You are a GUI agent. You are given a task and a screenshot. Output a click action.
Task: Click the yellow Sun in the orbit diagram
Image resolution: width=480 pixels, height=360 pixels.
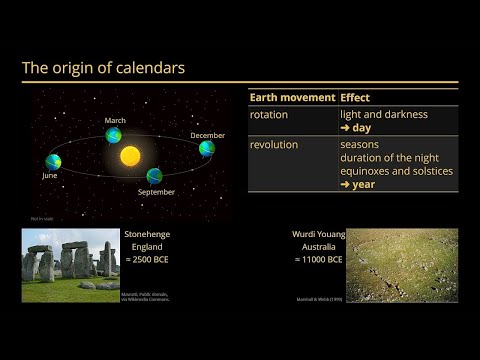pos(130,156)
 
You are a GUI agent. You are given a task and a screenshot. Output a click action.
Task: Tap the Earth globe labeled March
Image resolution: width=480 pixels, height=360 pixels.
pos(115,134)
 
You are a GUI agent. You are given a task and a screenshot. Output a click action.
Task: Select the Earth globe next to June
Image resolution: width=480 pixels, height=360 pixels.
pos(53,161)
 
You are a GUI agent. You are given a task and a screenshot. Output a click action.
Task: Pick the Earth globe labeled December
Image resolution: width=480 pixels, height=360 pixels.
pos(206,149)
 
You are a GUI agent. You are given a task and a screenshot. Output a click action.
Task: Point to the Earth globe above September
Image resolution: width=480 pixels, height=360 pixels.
pos(154,176)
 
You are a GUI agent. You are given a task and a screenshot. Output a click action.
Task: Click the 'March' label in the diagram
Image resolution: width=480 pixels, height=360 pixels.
pos(115,121)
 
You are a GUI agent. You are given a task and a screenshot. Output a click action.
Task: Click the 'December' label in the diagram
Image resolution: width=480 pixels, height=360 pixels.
pos(208,135)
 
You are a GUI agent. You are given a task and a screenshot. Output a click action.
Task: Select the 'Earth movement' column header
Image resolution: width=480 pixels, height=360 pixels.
pos(291,97)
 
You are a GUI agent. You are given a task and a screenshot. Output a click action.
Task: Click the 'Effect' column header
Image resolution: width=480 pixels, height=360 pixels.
pos(356,97)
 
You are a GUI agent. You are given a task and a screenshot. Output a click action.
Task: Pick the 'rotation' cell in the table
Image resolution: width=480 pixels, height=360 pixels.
pos(268,115)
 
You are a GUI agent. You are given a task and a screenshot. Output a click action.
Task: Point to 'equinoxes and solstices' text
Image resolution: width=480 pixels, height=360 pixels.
pos(396,171)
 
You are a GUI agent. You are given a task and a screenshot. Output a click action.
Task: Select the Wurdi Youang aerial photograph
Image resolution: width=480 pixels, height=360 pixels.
pos(402,264)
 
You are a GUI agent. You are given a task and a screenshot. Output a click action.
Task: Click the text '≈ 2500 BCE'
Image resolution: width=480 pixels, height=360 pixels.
pos(148,259)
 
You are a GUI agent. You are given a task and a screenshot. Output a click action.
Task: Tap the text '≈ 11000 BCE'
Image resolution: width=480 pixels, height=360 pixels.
pos(319,259)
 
